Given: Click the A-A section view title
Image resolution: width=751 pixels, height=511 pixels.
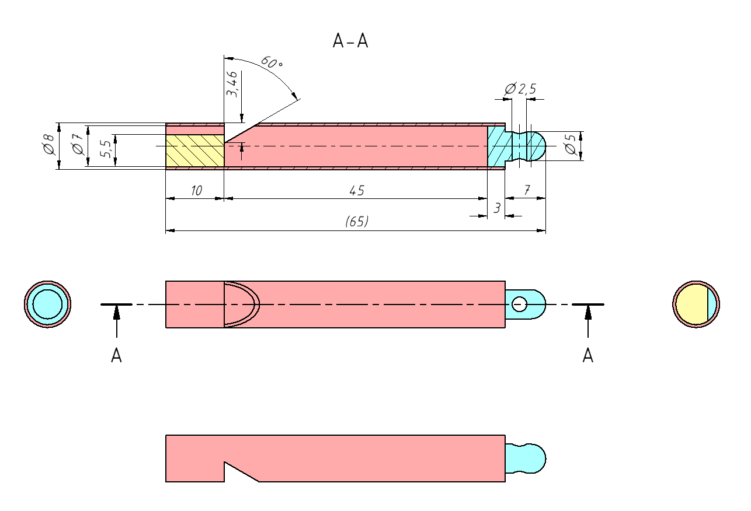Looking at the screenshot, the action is tap(350, 41).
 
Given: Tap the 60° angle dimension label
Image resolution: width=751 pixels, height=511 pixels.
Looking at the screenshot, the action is tap(272, 62).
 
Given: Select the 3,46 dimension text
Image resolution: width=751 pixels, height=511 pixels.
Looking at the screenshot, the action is tap(232, 84).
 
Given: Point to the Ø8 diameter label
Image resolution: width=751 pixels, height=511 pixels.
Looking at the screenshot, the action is tap(49, 144).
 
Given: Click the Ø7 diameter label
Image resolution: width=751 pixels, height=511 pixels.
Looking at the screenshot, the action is tap(78, 144).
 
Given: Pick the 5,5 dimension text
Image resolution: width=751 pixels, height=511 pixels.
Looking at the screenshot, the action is tap(106, 149).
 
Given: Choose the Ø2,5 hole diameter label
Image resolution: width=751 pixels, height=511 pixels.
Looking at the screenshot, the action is tap(520, 89).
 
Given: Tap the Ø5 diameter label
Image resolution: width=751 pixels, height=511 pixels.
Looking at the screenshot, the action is tap(571, 144).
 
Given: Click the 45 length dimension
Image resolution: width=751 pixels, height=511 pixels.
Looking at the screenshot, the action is tap(357, 191).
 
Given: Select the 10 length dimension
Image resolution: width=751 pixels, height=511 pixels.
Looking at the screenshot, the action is tap(196, 191).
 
